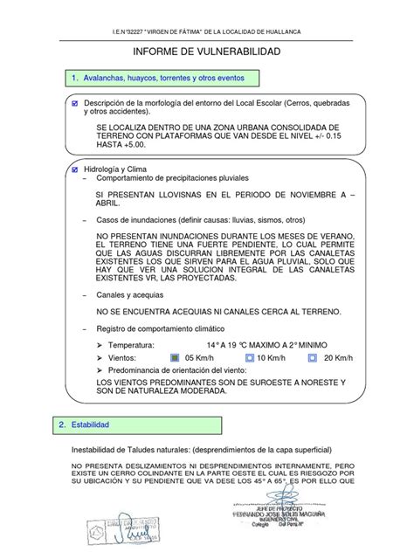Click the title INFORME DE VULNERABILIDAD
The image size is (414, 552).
pos(207,53)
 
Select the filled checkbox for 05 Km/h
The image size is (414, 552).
pos(177,357)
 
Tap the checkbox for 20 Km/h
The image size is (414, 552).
pos(312,357)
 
